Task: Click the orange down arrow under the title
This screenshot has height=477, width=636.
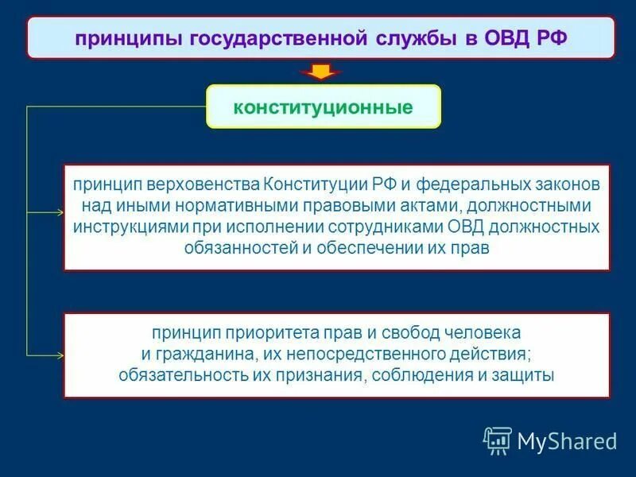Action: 320,72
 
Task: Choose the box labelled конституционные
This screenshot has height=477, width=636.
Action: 324,107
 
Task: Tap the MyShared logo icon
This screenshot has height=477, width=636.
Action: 497,439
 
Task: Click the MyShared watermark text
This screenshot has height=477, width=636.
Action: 567,440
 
